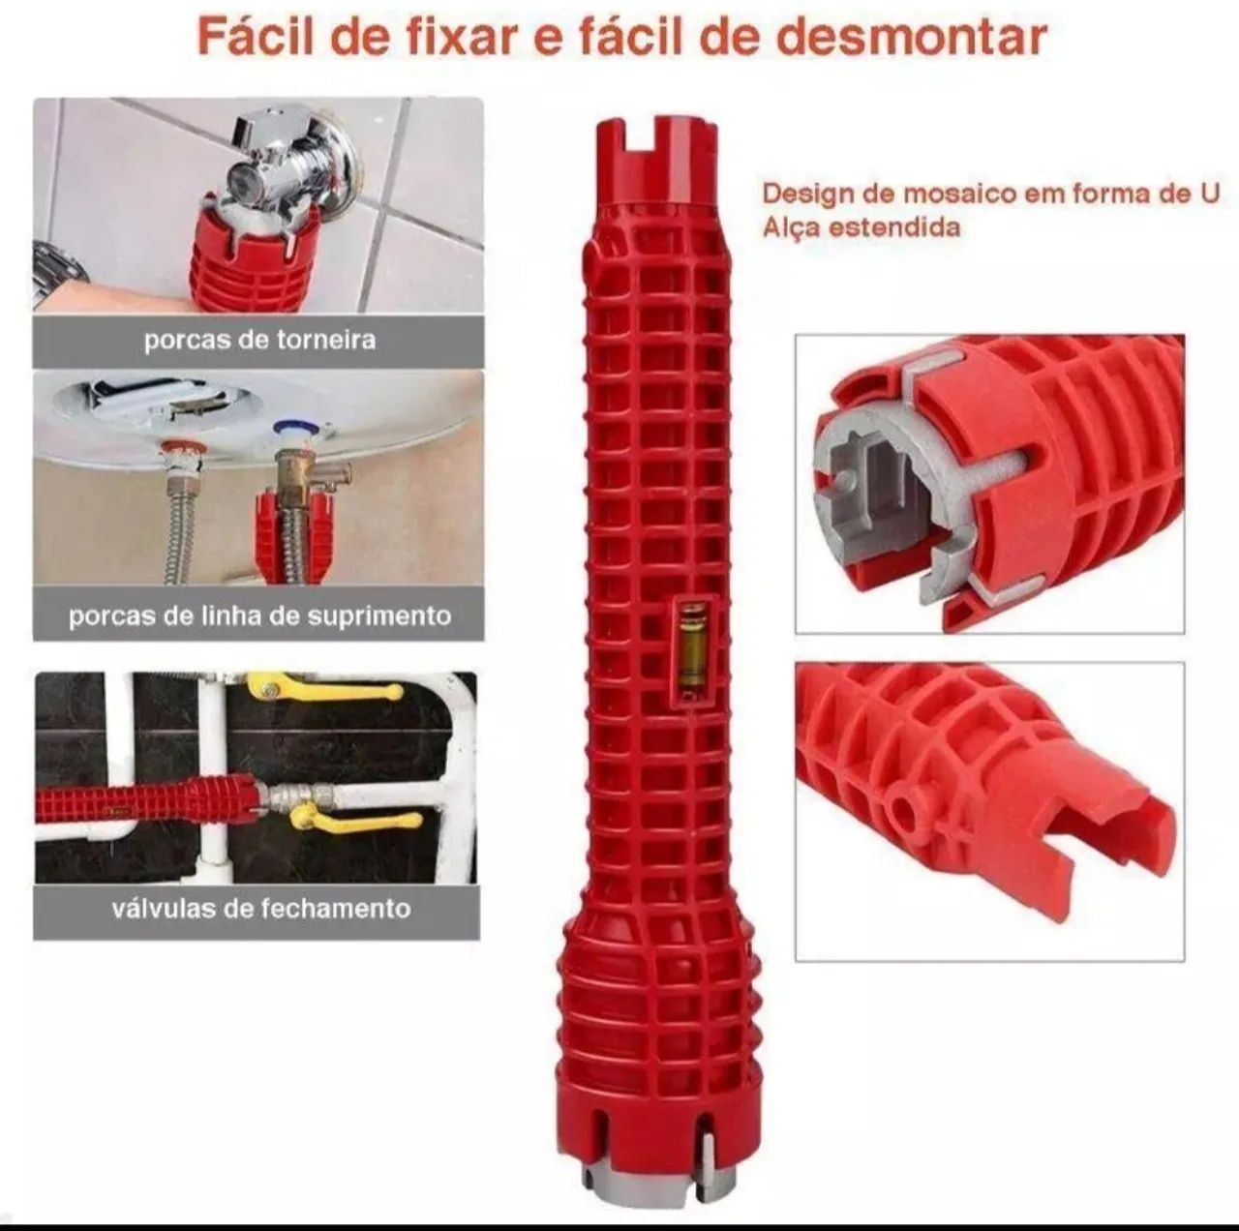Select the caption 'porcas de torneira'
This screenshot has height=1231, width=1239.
(259, 341)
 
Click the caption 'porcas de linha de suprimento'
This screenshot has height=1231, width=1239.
(259, 615)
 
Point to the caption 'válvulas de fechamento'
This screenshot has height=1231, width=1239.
(260, 909)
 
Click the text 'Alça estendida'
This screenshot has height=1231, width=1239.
(861, 227)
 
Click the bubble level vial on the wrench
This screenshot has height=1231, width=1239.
(690, 649)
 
